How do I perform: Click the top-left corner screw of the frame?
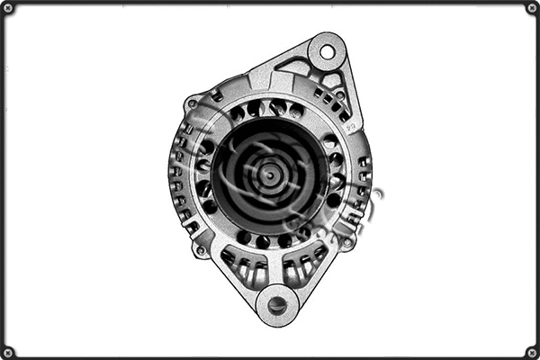pos(7,7)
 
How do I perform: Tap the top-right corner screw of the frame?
pos(532,7)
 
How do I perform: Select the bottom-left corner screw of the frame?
pos(7,352)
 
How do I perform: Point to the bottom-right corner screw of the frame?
pos(532,352)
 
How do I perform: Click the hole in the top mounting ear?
pos(327,52)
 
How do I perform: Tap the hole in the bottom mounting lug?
pos(277,306)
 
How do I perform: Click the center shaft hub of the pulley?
pos(267,173)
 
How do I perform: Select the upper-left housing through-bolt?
pos(192,104)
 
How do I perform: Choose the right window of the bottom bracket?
pos(301,269)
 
